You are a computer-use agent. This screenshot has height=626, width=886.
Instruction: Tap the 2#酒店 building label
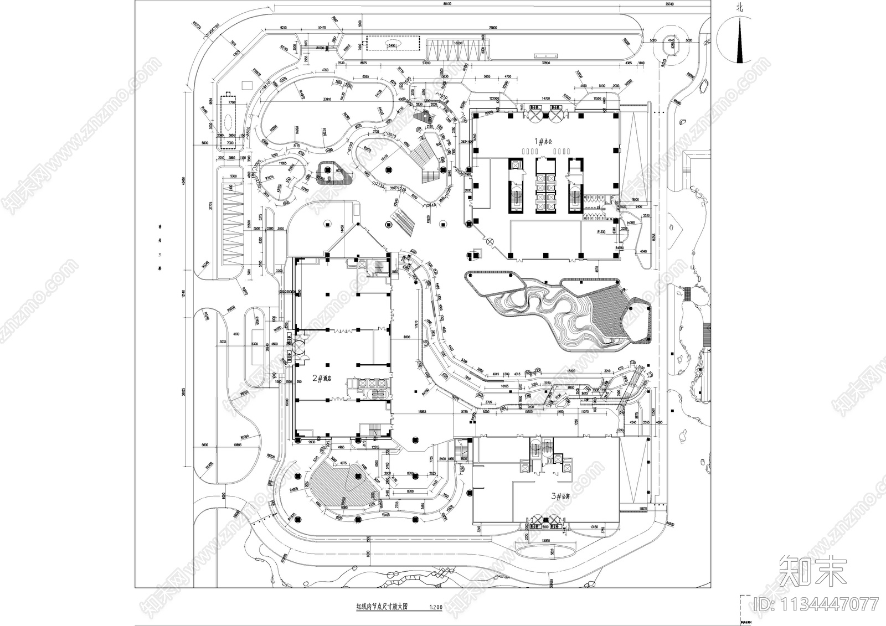click(322, 379)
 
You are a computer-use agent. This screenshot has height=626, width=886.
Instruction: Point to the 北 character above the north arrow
click(739, 8)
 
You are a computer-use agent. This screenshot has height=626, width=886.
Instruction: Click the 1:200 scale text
click(436, 607)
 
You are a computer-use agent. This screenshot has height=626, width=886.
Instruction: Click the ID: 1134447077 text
click(823, 603)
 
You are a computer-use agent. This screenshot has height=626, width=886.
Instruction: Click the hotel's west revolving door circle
click(298, 347)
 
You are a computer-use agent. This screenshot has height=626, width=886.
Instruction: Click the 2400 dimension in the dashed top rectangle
click(392, 45)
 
